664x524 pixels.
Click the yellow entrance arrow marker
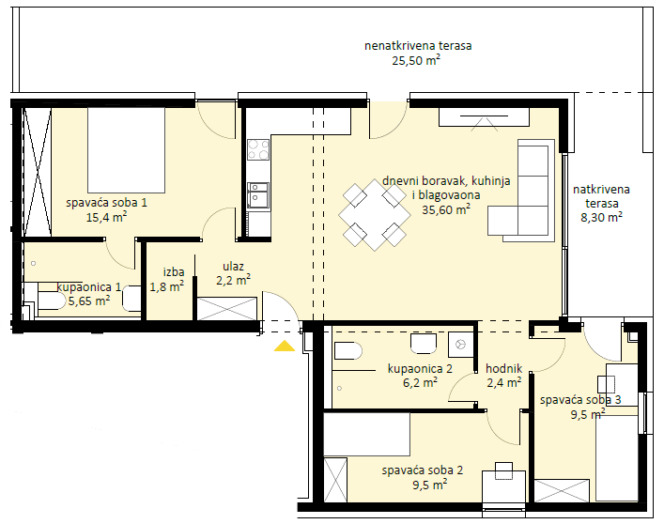285,347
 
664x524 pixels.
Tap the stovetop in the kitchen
258,150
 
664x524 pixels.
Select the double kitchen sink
258,195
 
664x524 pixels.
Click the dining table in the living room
375,215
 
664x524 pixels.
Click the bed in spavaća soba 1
126,150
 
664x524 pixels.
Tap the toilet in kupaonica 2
348,351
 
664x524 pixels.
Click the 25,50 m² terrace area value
416,60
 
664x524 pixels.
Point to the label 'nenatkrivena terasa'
418,46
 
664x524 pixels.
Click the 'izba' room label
174,271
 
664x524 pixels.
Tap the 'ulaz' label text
233,267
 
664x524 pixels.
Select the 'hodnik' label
504,369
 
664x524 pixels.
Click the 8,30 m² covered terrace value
601,218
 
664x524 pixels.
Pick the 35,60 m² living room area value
446,209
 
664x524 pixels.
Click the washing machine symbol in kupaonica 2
461,345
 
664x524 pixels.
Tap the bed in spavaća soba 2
366,434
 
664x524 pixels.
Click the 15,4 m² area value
107,218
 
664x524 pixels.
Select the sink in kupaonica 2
423,344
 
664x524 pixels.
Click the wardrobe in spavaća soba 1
38,172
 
